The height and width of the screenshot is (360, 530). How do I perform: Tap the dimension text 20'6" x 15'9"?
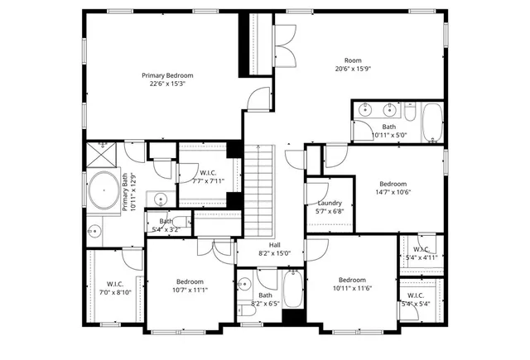[x=354, y=70]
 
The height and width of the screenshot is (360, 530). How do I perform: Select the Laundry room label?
[x=330, y=204]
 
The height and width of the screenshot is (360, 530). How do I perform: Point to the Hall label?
[x=274, y=244]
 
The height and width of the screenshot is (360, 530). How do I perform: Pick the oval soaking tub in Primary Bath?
[x=103, y=191]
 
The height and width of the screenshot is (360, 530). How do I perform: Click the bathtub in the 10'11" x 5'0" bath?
[x=432, y=122]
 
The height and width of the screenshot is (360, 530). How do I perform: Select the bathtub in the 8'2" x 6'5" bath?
[x=293, y=290]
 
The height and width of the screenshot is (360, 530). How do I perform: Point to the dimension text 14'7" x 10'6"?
[x=393, y=192]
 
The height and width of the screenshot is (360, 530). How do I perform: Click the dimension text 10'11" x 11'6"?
[x=351, y=287]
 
